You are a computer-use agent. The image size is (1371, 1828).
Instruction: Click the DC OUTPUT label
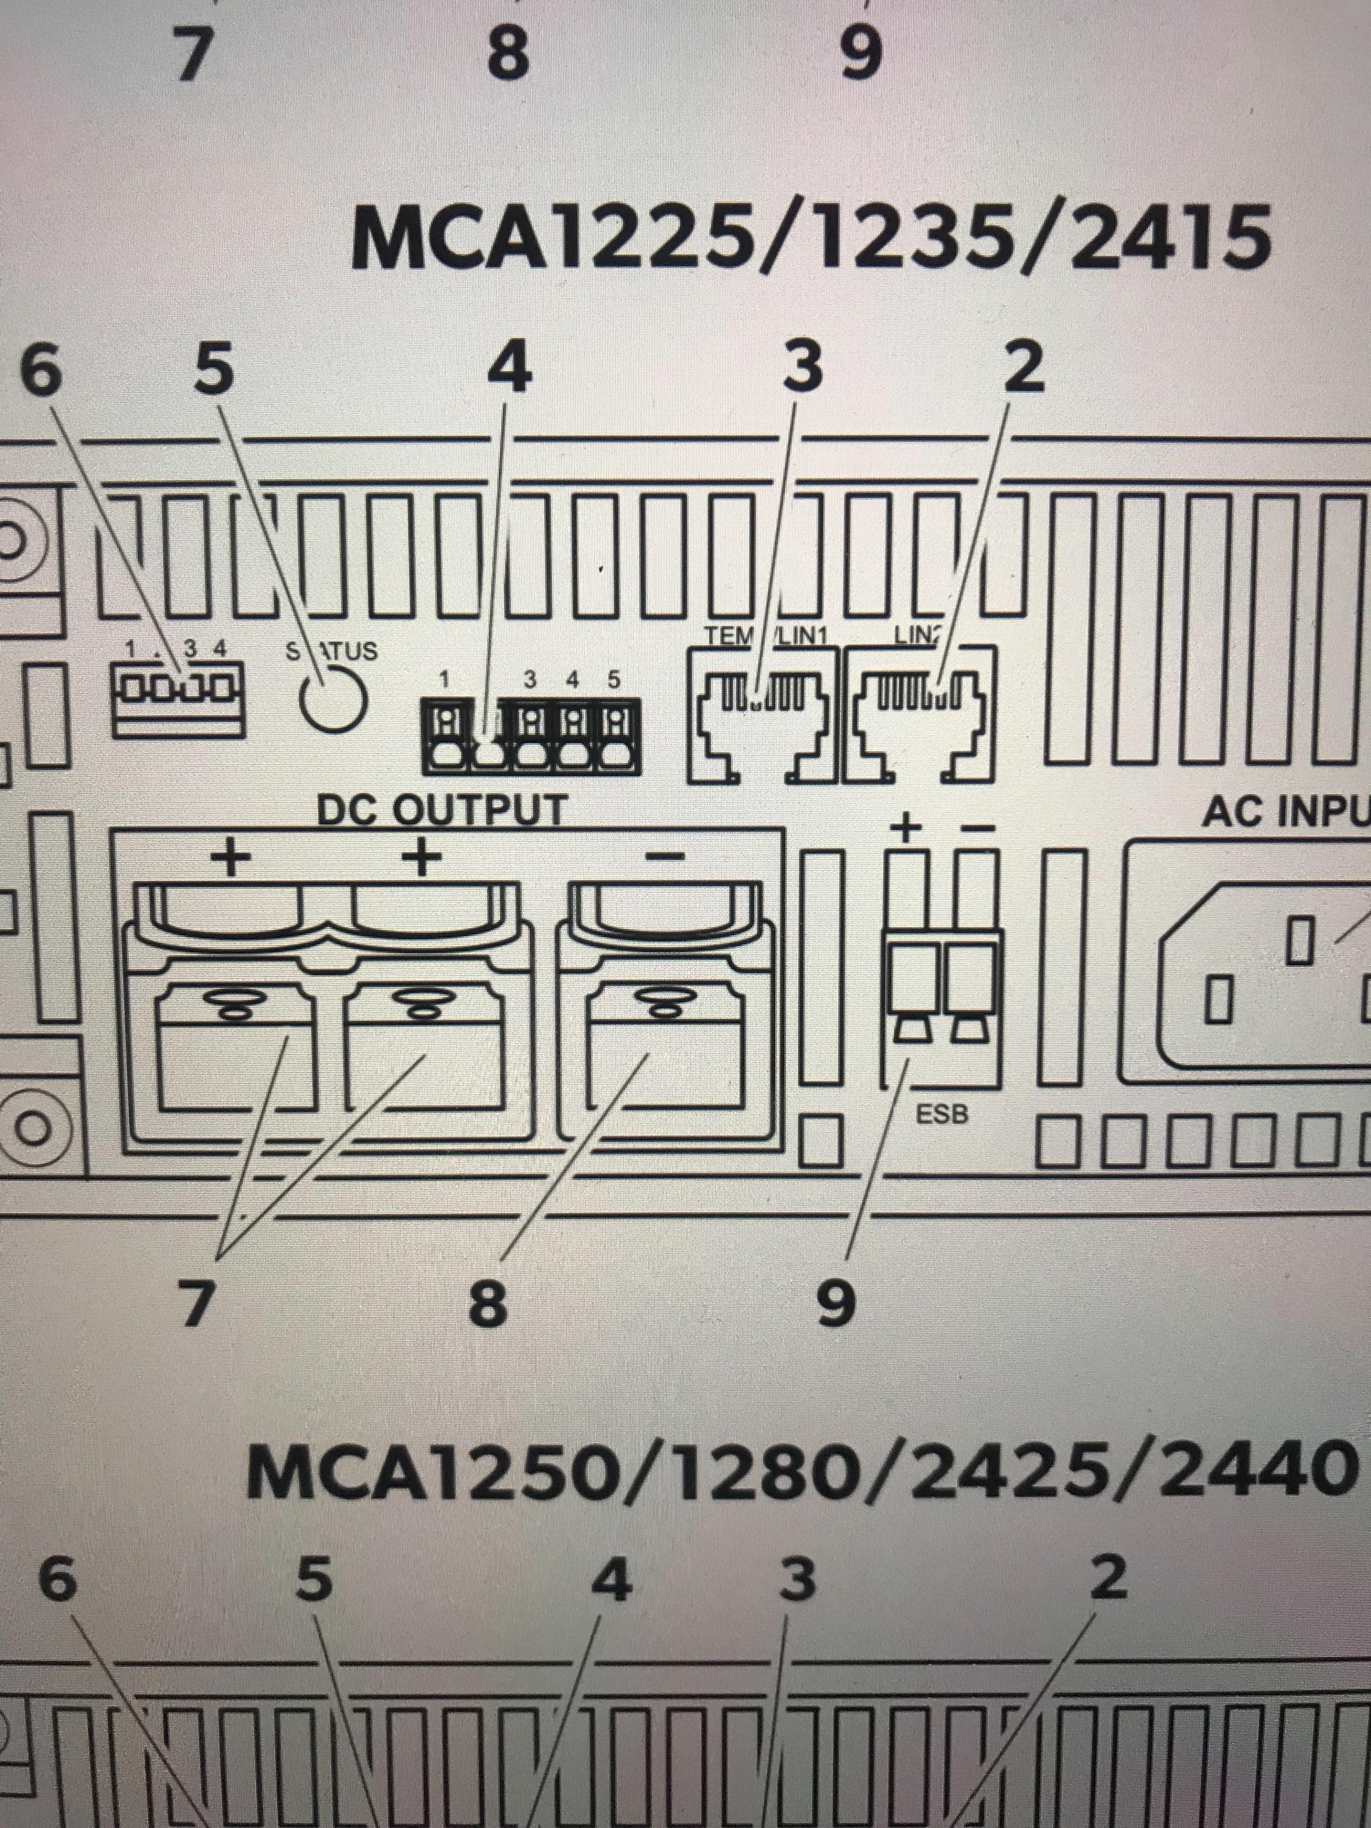point(443,810)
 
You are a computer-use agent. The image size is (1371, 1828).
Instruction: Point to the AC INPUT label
point(1285,812)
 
